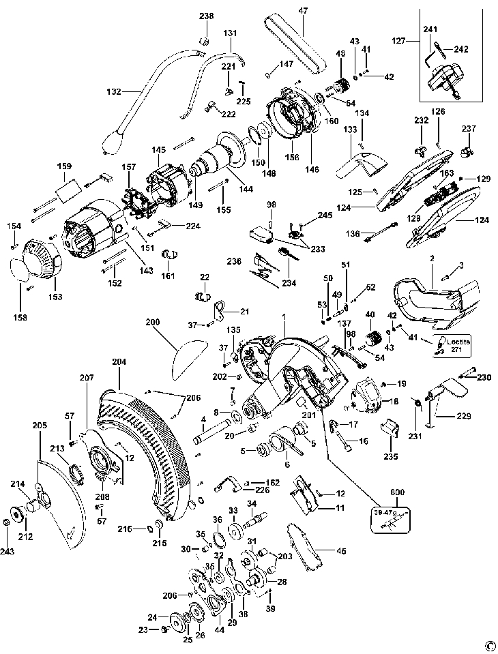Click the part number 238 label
coord(206,16)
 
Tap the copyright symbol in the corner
coord(488,645)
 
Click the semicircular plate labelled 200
coord(190,359)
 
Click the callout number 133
coord(351,129)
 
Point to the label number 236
coord(235,261)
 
